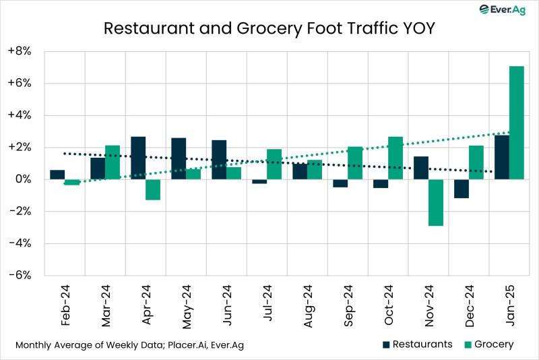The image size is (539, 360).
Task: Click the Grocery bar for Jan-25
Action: [x=516, y=123]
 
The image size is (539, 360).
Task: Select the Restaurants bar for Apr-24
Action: [x=138, y=158]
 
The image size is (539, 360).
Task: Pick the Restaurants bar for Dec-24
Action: [x=461, y=189]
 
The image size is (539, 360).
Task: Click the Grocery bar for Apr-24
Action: [x=153, y=189]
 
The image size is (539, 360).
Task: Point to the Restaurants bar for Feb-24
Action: [x=57, y=175]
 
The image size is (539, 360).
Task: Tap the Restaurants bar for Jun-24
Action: [x=219, y=160]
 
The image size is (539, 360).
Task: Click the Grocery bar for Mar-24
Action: [x=113, y=162]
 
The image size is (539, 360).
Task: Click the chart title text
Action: [x=269, y=28]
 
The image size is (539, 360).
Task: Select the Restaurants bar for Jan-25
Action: [x=501, y=157]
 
